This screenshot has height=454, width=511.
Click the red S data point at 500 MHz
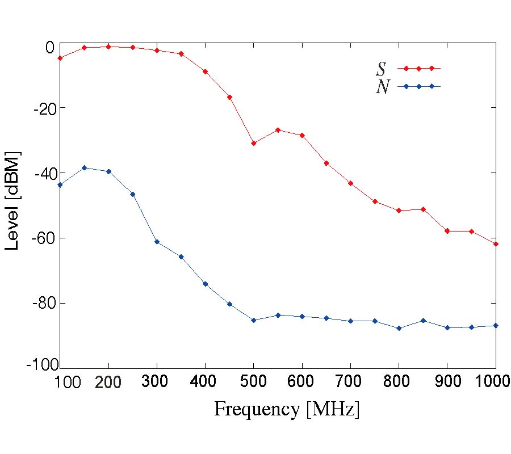click(254, 143)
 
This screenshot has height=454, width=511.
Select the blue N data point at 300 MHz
click(157, 242)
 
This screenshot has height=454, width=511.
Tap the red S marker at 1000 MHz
click(496, 243)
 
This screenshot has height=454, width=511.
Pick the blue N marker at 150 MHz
click(84, 167)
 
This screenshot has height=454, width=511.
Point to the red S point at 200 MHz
click(108, 47)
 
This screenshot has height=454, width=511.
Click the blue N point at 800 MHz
click(399, 328)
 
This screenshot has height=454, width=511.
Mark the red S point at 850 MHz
click(423, 209)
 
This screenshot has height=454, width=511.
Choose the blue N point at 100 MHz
click(60, 184)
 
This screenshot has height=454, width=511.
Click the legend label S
click(381, 69)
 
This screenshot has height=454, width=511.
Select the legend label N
click(383, 87)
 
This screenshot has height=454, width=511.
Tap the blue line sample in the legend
click(418, 86)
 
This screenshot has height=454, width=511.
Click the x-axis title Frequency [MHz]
click(287, 409)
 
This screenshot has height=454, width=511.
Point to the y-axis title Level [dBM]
click(12, 201)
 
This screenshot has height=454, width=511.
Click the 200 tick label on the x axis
click(108, 382)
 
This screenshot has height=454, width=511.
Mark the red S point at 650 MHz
click(326, 163)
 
